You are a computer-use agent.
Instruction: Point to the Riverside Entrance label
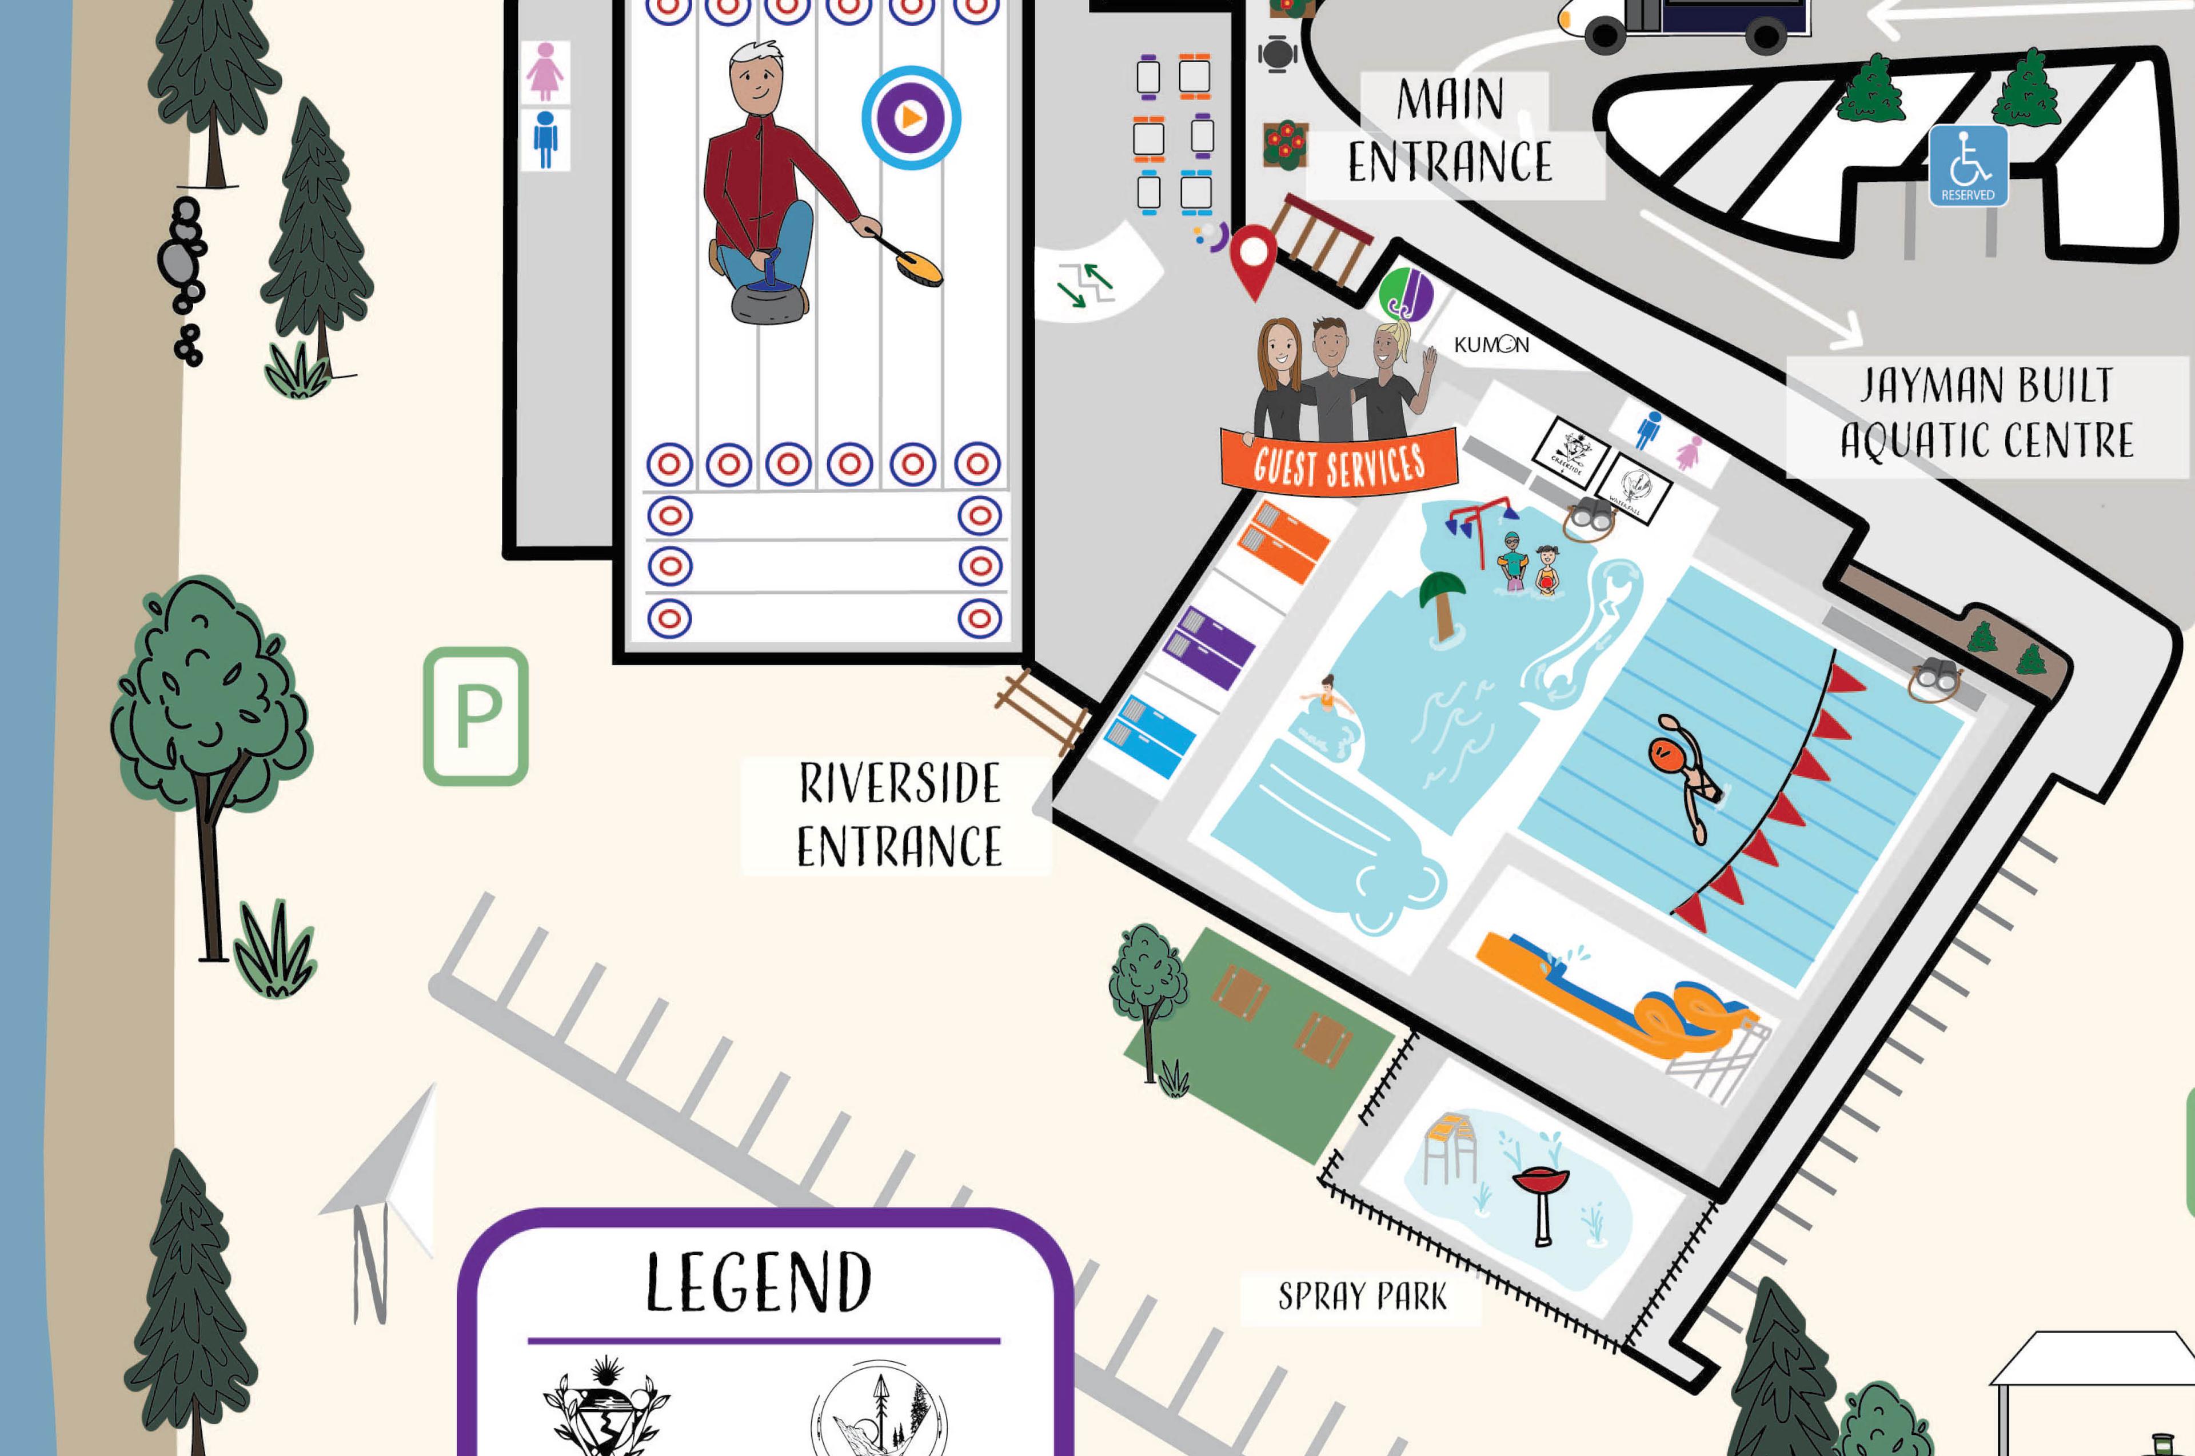(x=898, y=816)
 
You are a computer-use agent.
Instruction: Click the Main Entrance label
(x=1451, y=132)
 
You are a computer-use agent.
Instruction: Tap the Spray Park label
(x=1362, y=1296)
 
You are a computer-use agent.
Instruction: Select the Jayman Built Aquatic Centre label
(x=1987, y=414)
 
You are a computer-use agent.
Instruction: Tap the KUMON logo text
(x=1491, y=345)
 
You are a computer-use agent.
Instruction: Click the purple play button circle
(x=911, y=118)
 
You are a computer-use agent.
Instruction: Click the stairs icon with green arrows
(x=1087, y=284)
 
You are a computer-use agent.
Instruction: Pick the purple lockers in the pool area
(x=1208, y=647)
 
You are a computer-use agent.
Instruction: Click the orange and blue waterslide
(x=1617, y=998)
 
